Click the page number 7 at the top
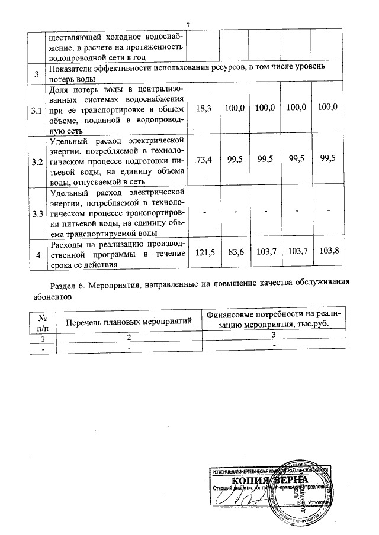click(x=188, y=24)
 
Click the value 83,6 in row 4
click(x=236, y=252)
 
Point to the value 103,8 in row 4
click(x=328, y=252)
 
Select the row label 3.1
click(x=37, y=111)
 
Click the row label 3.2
click(x=37, y=162)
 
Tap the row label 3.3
click(x=37, y=213)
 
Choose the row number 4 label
click(x=37, y=255)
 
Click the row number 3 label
click(x=37, y=74)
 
